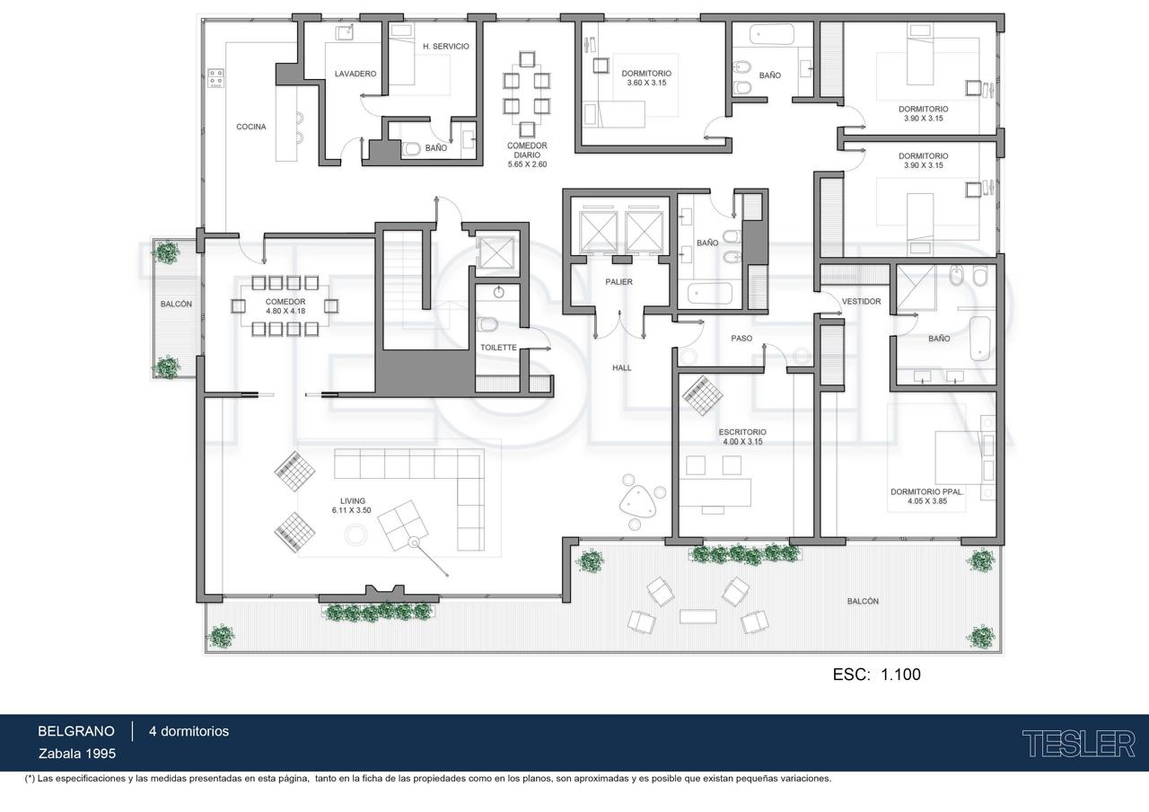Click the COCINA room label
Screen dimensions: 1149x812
pyautogui.click(x=250, y=127)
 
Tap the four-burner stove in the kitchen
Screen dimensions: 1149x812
pyautogui.click(x=216, y=78)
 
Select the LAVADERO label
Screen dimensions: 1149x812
pyautogui.click(x=355, y=74)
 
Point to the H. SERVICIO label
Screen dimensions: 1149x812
pyautogui.click(x=446, y=46)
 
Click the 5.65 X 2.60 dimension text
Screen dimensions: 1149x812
pyautogui.click(x=527, y=164)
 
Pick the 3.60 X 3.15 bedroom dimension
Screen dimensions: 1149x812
pyautogui.click(x=646, y=83)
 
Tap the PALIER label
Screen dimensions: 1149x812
pyautogui.click(x=618, y=282)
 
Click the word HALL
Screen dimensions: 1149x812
pyautogui.click(x=622, y=367)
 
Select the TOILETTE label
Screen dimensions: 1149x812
pyautogui.click(x=498, y=348)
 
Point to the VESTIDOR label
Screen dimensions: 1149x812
pyautogui.click(x=861, y=301)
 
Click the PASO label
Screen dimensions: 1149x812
pyautogui.click(x=741, y=339)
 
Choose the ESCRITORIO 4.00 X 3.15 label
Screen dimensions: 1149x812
pyautogui.click(x=742, y=437)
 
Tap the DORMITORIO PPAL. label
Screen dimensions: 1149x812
pyautogui.click(x=927, y=491)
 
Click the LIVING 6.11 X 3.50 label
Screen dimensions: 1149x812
pyautogui.click(x=352, y=506)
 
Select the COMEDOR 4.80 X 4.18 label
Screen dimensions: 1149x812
pyautogui.click(x=285, y=306)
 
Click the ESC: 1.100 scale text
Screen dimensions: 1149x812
pyautogui.click(x=877, y=674)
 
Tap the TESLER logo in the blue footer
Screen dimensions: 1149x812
pyautogui.click(x=1079, y=745)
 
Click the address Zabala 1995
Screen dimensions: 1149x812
pyautogui.click(x=77, y=754)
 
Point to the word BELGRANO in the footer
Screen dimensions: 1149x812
pyautogui.click(x=76, y=731)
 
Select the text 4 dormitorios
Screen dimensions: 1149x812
pyautogui.click(x=189, y=731)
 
